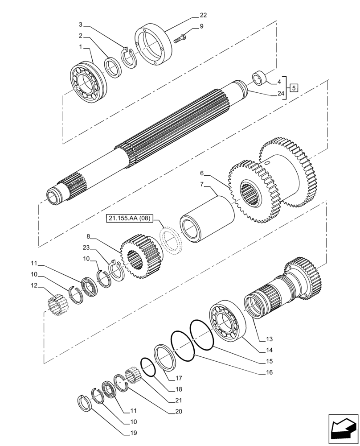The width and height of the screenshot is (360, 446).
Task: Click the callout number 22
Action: (203, 15)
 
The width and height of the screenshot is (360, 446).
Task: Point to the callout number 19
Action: (134, 433)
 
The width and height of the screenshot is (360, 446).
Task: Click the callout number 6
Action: (202, 173)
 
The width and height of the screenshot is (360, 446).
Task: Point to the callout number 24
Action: (280, 94)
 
